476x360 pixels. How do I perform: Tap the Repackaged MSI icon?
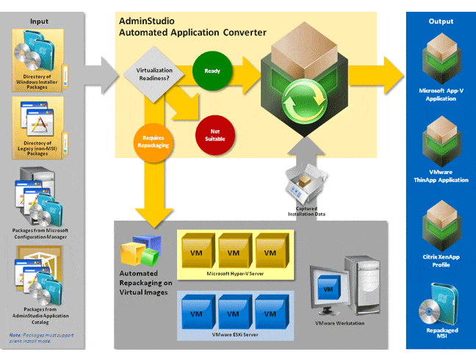pyautogui.click(x=441, y=309)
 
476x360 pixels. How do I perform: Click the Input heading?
pyautogui.click(x=39, y=21)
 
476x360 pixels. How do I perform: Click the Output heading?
pyautogui.click(x=441, y=21)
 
